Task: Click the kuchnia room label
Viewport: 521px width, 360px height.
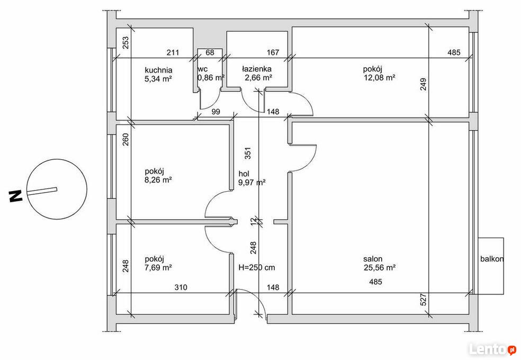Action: [158, 70]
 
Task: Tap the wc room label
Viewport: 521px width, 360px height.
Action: [203, 69]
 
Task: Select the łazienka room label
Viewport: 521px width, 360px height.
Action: [256, 69]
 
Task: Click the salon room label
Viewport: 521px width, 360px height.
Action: [372, 259]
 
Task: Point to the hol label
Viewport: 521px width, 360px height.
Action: [244, 174]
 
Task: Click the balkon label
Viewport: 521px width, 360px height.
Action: [492, 259]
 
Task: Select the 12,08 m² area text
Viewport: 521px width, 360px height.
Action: [380, 78]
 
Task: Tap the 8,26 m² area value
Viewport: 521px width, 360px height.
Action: [158, 180]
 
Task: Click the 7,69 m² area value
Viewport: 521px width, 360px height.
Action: [158, 267]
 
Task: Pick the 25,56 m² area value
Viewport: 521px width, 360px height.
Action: [380, 267]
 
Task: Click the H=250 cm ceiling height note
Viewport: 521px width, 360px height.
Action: [257, 267]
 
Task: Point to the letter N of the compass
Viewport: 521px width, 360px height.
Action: [15, 196]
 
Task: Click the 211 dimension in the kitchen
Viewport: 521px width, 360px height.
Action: [173, 52]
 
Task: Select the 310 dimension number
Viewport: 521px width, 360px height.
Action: [181, 287]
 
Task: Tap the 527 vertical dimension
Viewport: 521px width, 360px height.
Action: [423, 300]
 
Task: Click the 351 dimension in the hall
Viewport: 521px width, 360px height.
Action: [248, 153]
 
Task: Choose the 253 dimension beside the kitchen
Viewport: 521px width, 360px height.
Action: [125, 42]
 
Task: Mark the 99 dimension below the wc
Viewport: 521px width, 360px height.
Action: [215, 112]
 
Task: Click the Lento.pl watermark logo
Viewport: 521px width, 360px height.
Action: [492, 349]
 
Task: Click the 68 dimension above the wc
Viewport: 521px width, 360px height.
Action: [210, 52]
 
